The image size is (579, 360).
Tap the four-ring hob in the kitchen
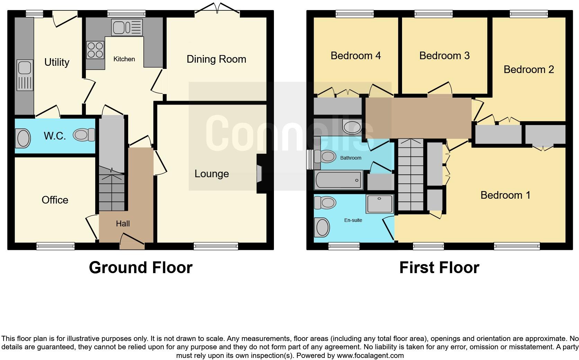pos(95,50)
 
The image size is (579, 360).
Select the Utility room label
pos(57,62)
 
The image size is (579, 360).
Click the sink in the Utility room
pos(25,75)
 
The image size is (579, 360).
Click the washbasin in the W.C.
pos(23,138)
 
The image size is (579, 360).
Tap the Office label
pos(55,200)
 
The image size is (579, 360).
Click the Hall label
pos(123,224)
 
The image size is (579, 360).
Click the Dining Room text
pos(216,59)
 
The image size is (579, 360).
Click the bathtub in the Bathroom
pos(338,180)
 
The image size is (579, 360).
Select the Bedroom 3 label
pos(444,56)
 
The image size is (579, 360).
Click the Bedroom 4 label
pos(356,56)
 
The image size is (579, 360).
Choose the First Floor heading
pos(439,268)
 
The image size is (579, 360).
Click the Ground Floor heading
pos(141,268)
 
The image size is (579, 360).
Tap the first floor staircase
pos(410,175)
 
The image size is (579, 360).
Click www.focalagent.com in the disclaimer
pos(370,355)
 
